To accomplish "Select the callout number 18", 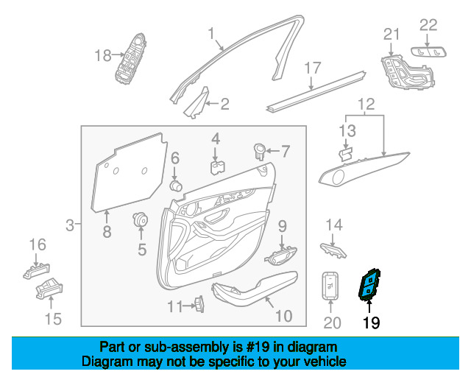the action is pos(102,55).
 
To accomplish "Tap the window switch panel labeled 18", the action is pos(133,57).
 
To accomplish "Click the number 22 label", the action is pos(428,24).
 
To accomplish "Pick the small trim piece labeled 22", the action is pos(428,52).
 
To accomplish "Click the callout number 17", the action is pos(313,68).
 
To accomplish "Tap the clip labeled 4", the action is pos(216,166).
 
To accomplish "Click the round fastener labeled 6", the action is pos(176,185).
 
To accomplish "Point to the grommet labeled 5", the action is pos(139,219).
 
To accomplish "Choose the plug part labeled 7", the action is pos(260,152).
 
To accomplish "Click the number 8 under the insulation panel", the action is pos(107,232).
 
